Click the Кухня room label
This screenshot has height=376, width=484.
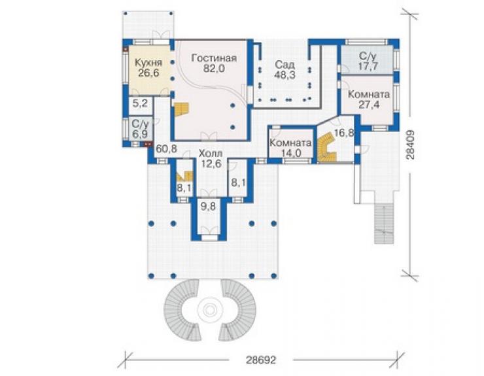[148, 63]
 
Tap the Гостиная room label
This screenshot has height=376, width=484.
[214, 58]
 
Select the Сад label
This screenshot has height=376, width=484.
[285, 65]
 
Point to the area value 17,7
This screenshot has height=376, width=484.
[368, 66]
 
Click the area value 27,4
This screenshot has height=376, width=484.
[369, 105]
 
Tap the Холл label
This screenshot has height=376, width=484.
[210, 153]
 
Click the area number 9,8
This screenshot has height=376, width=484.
[209, 206]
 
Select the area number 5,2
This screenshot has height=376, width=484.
[140, 103]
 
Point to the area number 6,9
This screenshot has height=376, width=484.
[140, 134]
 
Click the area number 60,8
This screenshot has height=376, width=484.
[166, 149]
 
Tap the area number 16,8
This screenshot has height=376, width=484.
[343, 133]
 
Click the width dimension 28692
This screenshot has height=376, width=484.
[261, 360]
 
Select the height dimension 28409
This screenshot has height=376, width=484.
[410, 145]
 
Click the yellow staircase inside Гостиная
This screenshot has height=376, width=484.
[182, 109]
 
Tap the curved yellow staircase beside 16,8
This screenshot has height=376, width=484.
[326, 149]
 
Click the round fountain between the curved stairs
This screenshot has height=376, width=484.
[211, 309]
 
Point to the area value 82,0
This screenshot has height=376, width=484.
[214, 69]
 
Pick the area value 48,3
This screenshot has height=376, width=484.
[285, 75]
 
